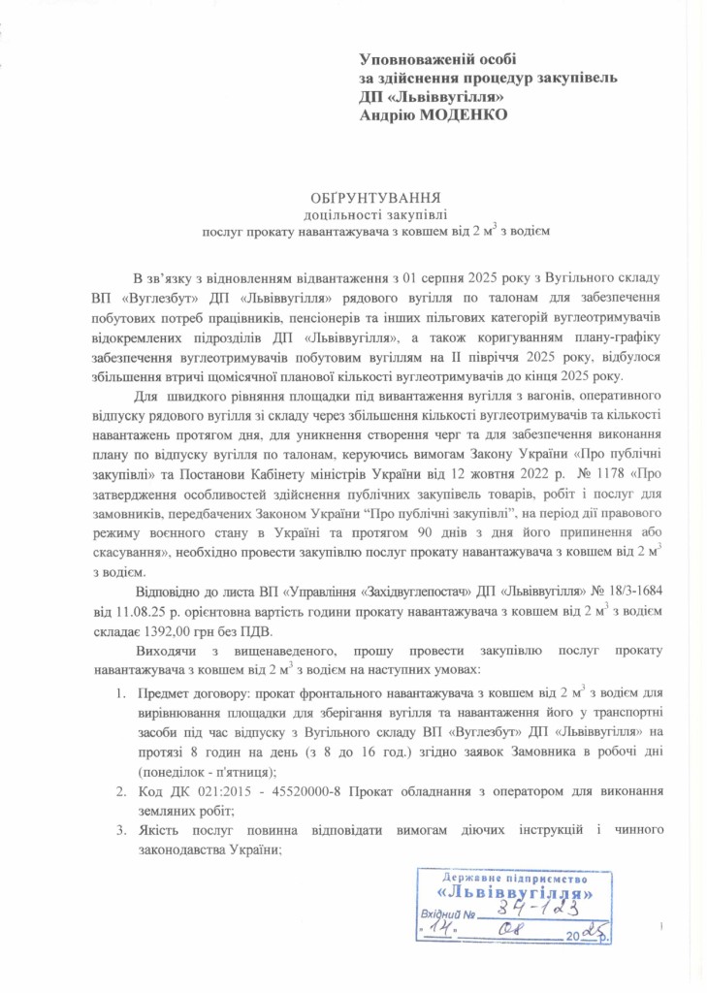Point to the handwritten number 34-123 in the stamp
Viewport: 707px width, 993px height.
tap(536, 906)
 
